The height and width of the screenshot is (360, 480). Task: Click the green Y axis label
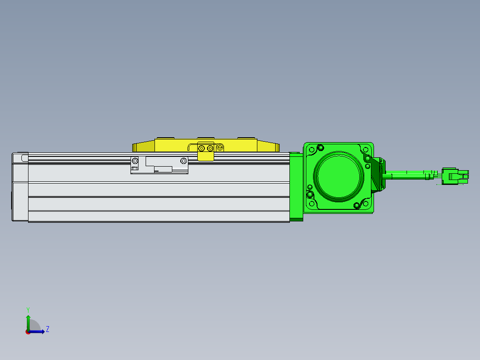[x=28, y=310]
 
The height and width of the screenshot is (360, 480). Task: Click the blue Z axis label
[x=48, y=329]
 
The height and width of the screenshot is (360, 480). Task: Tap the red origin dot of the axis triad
[x=28, y=332]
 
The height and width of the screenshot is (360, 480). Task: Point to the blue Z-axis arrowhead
[x=43, y=331]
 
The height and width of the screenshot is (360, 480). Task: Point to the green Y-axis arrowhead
[x=28, y=317]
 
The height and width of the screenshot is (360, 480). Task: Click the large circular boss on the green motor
[x=338, y=176]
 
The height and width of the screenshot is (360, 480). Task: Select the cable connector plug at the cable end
[x=455, y=176]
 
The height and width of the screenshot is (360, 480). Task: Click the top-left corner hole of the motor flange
[x=312, y=150]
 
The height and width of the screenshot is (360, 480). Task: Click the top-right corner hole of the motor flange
[x=366, y=150]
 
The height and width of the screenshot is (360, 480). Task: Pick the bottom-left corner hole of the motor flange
[x=312, y=204]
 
